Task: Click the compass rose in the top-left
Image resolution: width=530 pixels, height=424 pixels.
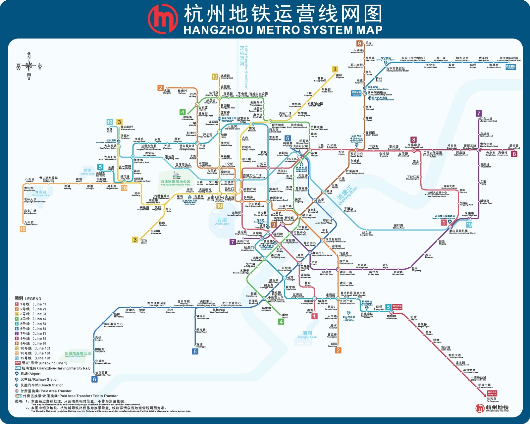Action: tap(29, 66)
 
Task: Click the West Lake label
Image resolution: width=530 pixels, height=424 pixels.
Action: tap(222, 221)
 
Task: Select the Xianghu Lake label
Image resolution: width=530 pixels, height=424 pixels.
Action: tap(307, 335)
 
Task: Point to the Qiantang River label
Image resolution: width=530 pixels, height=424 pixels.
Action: tap(347, 195)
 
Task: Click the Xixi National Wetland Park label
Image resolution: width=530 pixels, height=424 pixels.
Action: tap(176, 183)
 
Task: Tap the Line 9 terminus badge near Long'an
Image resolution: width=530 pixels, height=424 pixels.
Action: tap(359, 43)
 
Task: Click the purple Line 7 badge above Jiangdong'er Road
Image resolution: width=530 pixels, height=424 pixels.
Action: tap(479, 113)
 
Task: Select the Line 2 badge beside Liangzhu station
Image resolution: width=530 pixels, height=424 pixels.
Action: tap(160, 88)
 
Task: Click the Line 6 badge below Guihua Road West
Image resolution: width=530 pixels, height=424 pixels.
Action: tap(95, 380)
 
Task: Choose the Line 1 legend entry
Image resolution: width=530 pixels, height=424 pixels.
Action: tap(30, 304)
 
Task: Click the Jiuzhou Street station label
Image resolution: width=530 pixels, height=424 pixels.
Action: tap(30, 223)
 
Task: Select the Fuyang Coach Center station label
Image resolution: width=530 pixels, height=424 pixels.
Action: tap(113, 325)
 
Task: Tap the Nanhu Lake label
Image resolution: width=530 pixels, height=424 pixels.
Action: tap(88, 172)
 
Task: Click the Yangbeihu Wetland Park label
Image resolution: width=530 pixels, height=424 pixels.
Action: tap(78, 354)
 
